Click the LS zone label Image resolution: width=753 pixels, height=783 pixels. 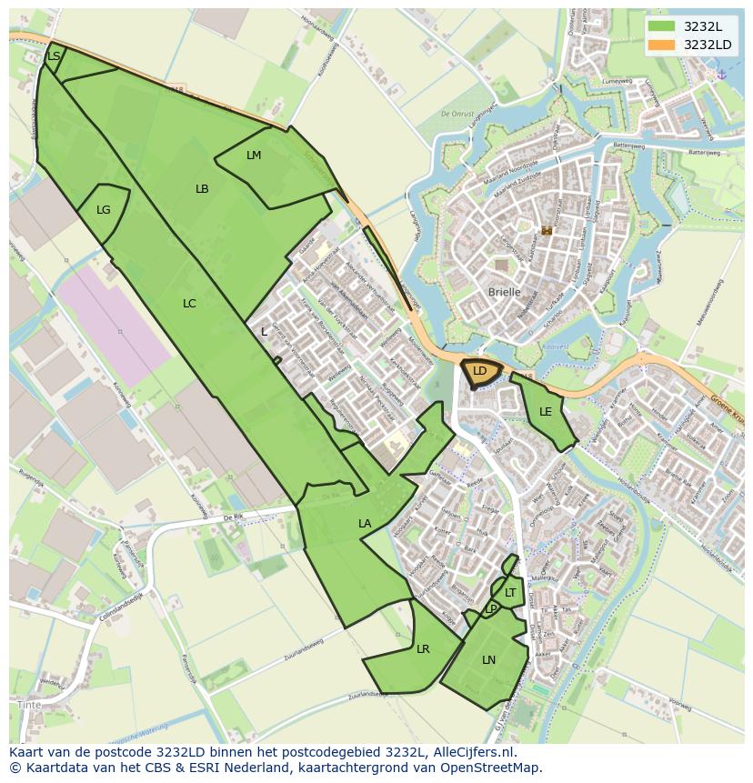point(54,56)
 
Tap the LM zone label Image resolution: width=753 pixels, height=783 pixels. point(254,156)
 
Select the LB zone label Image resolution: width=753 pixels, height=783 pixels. point(202,189)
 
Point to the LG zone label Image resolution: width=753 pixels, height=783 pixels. point(104,210)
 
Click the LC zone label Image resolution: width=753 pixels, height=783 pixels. point(189,304)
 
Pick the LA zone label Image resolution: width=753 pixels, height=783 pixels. point(365,524)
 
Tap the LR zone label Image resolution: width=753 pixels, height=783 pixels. point(423,649)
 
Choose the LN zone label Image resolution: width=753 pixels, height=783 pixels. point(489,660)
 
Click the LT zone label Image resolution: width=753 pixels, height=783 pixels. point(510,593)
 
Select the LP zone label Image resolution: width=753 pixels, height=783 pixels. point(491,608)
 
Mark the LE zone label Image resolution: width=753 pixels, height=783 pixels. point(546,412)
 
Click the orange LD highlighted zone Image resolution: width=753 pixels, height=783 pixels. point(480,372)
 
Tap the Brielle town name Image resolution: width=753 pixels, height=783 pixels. point(505,292)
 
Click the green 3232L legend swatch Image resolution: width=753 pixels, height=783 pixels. point(662,25)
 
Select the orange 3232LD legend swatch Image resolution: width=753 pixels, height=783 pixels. point(662,44)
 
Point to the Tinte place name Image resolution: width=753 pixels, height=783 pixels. point(29,705)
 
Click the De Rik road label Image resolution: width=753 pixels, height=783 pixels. point(235,517)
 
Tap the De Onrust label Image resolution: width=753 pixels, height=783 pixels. point(459,114)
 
